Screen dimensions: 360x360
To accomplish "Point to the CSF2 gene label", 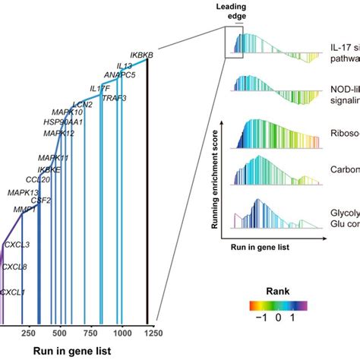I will pyautogui.click(x=40, y=201).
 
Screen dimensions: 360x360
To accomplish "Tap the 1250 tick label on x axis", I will pyautogui.click(x=149, y=333).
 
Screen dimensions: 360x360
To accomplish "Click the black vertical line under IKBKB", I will pyautogui.click(x=148, y=190).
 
